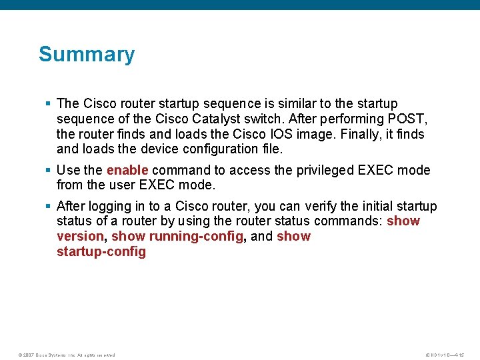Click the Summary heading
point(87,54)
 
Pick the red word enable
point(127,170)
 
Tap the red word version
point(80,236)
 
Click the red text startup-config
point(101,251)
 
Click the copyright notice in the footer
point(66,355)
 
